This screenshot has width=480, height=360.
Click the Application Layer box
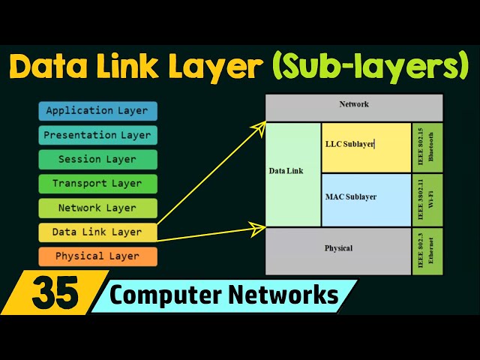[x=97, y=111]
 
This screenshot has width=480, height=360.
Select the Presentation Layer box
[x=97, y=136]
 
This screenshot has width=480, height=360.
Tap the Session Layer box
[x=97, y=160]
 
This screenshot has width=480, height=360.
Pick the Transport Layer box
[x=97, y=184]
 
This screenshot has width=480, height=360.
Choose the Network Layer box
[x=97, y=208]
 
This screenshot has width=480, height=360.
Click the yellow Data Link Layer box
[x=97, y=232]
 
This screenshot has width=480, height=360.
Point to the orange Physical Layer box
[x=97, y=256]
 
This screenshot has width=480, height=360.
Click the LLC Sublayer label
[x=349, y=143]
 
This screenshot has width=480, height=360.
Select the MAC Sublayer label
[x=351, y=197]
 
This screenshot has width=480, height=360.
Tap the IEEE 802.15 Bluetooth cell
[x=427, y=146]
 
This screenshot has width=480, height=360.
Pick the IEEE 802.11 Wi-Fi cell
[x=427, y=199]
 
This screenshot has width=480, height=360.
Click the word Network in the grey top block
[x=354, y=104]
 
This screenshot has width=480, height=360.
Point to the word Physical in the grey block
[x=338, y=248]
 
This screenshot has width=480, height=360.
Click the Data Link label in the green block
[x=286, y=171]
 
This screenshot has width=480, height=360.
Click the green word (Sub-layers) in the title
[x=371, y=66]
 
